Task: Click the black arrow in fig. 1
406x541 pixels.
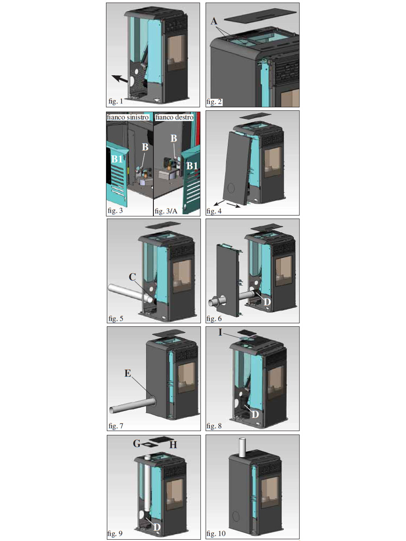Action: tap(120, 79)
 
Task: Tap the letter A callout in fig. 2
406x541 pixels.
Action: tap(214, 21)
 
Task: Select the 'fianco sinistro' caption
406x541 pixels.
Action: tap(128, 117)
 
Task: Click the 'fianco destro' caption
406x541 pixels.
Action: tap(174, 117)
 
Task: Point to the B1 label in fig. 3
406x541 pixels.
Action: tap(117, 159)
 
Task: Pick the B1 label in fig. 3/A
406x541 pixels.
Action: tap(192, 165)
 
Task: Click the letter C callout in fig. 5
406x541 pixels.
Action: tap(132, 277)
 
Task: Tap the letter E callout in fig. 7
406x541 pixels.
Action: tap(128, 374)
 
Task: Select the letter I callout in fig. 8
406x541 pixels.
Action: tap(221, 333)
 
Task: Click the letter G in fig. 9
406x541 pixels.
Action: tap(137, 444)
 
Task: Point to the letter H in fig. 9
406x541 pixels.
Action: tap(173, 445)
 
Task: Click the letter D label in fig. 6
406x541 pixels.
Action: tap(267, 302)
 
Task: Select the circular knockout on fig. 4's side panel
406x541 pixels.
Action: tap(231, 188)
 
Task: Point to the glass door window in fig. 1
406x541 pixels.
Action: tap(176, 53)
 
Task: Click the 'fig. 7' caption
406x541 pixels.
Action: tap(116, 426)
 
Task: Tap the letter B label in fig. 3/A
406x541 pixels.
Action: tap(174, 138)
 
